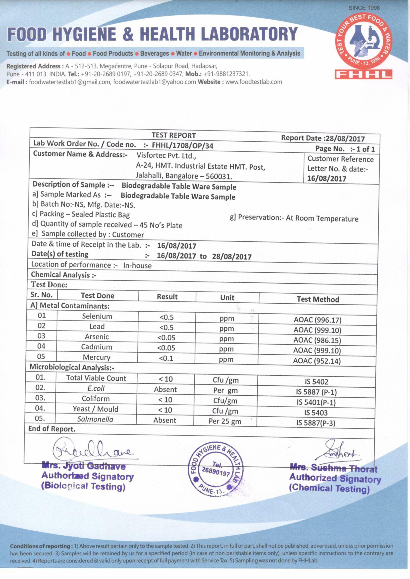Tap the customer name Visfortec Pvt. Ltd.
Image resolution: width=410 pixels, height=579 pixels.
[x=166, y=156]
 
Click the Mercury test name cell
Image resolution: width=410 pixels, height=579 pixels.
[x=97, y=358]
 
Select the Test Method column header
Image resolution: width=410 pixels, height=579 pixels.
[x=318, y=299]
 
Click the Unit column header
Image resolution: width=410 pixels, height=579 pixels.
[x=227, y=298]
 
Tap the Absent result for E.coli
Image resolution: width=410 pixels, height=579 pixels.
[x=165, y=389]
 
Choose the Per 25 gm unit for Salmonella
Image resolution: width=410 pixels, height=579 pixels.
[x=225, y=422]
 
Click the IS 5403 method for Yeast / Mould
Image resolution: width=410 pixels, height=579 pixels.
[x=316, y=413]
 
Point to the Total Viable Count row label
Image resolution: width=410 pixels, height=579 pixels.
[x=96, y=378]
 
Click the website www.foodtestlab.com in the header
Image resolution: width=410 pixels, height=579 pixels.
[x=253, y=82]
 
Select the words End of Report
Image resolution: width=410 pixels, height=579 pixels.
[x=52, y=429]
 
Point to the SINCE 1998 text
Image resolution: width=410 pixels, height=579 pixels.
[x=364, y=8]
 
